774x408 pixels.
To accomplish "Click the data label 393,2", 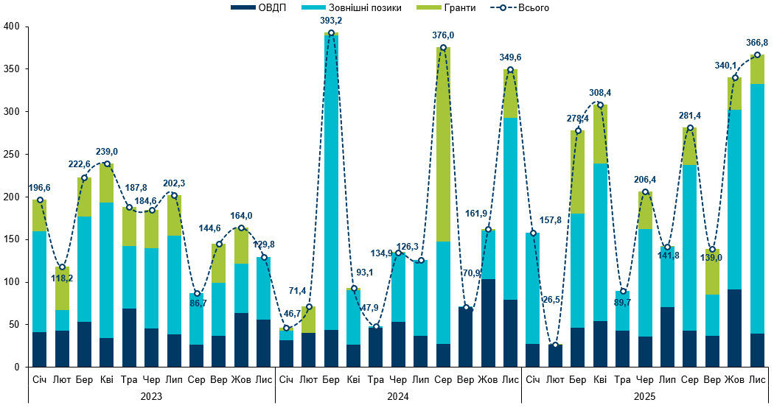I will point(331,21).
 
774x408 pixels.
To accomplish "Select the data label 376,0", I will point(443,35).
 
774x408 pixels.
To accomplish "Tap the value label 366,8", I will point(756,43).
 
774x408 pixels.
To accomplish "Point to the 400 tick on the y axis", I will point(13,27).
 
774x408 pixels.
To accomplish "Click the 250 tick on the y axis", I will point(13,155).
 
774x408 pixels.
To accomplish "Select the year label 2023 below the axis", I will point(151,396).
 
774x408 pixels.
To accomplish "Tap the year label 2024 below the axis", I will point(398,396).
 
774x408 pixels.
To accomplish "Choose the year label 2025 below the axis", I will point(644,396).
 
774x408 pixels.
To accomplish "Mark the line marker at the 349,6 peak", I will point(510,69).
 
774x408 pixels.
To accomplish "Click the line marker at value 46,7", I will point(287,327).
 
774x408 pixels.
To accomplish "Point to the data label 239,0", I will point(107,151).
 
